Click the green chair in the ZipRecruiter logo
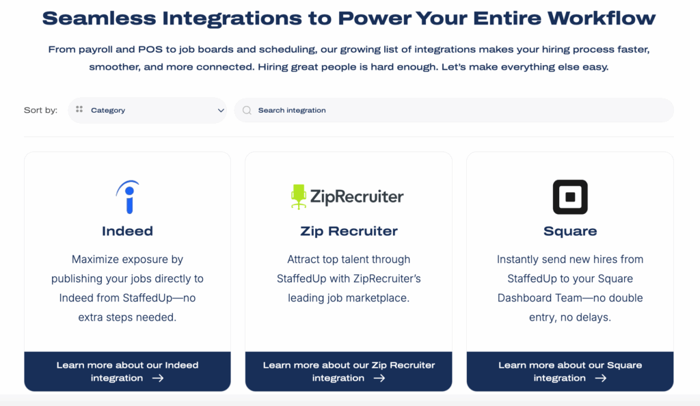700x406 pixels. coord(298,197)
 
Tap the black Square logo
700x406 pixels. coord(570,197)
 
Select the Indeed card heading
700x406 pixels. coord(127,231)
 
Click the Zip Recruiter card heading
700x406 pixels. coord(349,231)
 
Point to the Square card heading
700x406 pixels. coord(570,231)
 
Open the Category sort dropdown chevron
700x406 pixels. coord(221,110)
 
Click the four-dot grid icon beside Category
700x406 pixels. coord(79,109)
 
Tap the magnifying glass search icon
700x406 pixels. coord(247,110)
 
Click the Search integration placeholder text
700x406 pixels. coord(292,110)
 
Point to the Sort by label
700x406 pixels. coord(40,110)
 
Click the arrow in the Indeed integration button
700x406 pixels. coord(158,379)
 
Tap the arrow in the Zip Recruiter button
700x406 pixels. coord(379,379)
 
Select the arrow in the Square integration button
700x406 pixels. coord(601,379)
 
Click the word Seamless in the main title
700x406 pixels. coord(99,18)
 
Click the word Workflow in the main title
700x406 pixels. coord(602,18)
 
